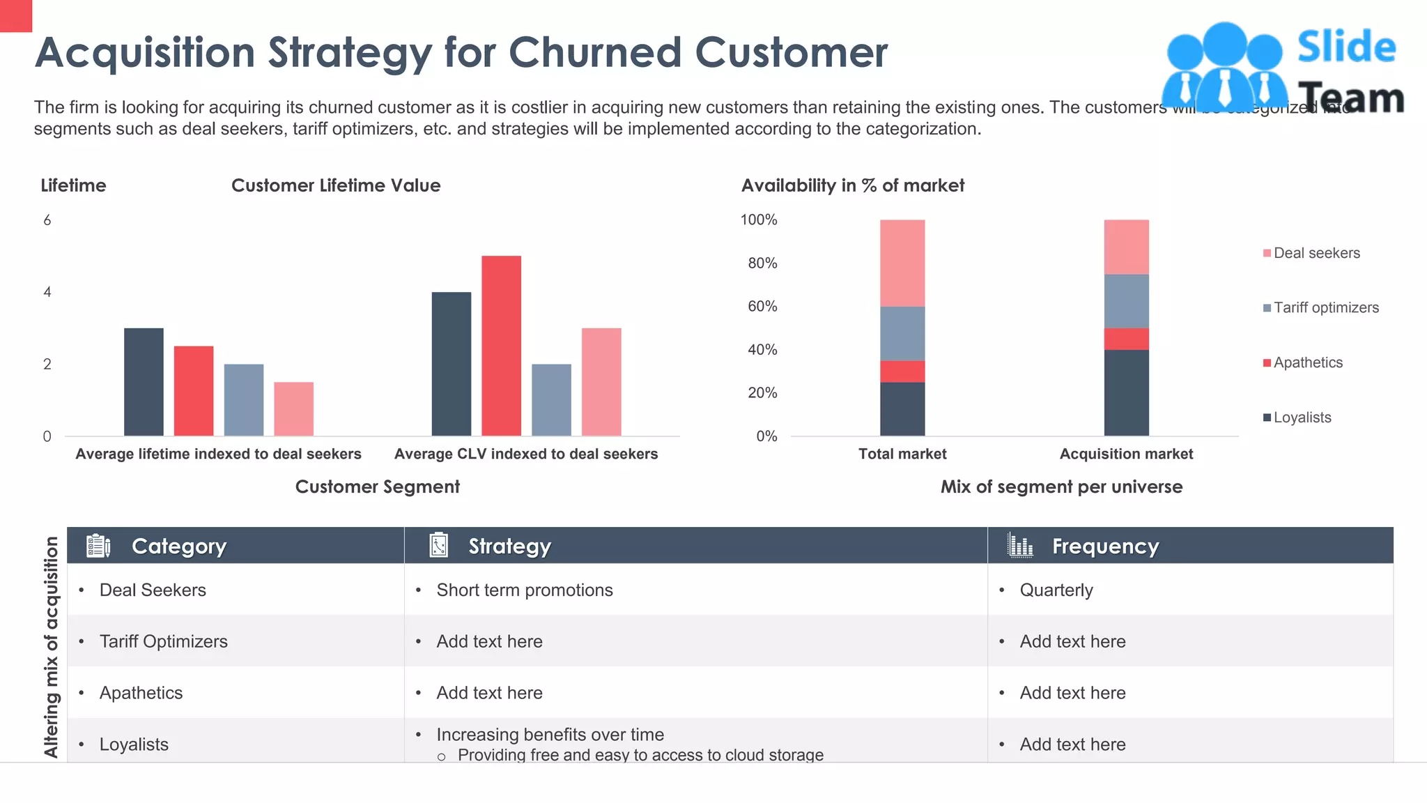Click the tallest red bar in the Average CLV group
click(501, 346)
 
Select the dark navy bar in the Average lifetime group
click(144, 382)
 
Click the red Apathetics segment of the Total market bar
click(902, 371)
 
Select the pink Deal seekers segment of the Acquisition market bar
click(1126, 247)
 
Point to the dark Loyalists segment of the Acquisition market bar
click(1126, 392)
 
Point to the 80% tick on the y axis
click(762, 263)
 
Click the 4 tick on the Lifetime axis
click(47, 292)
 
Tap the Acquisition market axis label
click(1126, 454)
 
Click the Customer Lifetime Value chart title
click(336, 185)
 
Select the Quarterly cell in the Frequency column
click(1056, 590)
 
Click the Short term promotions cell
click(524, 590)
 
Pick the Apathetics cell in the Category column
click(141, 693)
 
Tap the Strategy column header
click(509, 546)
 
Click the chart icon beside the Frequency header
click(1020, 545)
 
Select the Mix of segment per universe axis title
click(1061, 487)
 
